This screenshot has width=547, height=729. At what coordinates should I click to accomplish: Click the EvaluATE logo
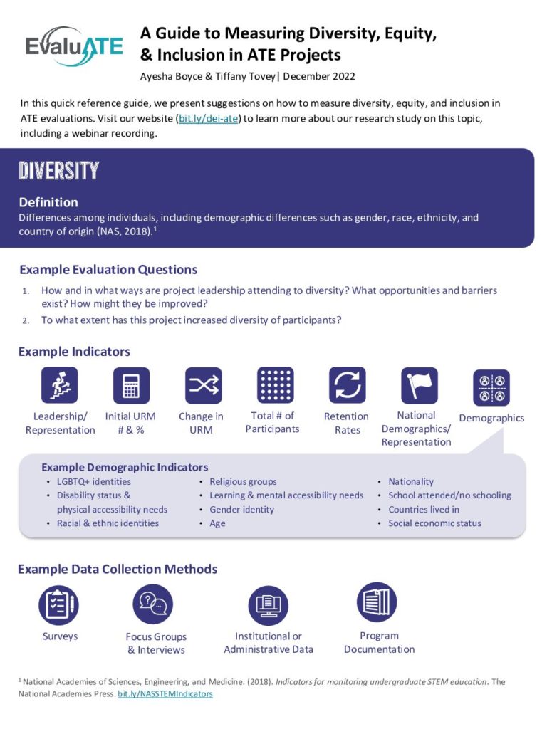(x=74, y=46)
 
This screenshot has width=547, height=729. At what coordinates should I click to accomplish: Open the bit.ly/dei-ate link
(x=209, y=118)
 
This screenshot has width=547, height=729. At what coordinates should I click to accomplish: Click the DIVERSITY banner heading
(x=59, y=172)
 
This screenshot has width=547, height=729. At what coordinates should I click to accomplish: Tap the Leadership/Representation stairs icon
(x=60, y=385)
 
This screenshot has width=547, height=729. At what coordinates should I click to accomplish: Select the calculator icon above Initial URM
(x=131, y=385)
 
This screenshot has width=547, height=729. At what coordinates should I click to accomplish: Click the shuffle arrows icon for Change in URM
(x=203, y=385)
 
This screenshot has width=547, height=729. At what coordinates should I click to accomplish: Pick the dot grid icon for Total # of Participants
(x=275, y=385)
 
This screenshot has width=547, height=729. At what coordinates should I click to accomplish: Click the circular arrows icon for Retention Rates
(x=347, y=385)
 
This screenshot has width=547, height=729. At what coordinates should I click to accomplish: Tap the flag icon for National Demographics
(x=419, y=385)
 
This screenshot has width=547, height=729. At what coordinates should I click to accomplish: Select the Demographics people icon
(x=491, y=387)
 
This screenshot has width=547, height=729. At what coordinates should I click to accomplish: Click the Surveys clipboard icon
(x=59, y=604)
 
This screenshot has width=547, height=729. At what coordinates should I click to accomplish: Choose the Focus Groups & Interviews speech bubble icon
(x=153, y=604)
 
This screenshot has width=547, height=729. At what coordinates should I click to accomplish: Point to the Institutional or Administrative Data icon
(x=268, y=606)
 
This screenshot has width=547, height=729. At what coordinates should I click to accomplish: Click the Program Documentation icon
(x=377, y=602)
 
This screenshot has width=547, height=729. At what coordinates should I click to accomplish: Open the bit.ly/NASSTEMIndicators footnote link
(x=165, y=693)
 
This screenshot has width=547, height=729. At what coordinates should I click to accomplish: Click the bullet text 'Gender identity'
(x=241, y=510)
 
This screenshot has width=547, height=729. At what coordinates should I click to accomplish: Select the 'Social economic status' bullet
(x=434, y=523)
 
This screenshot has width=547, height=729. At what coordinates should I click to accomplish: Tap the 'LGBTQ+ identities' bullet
(x=94, y=482)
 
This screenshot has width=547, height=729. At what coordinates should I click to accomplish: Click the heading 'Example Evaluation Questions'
(x=108, y=270)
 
